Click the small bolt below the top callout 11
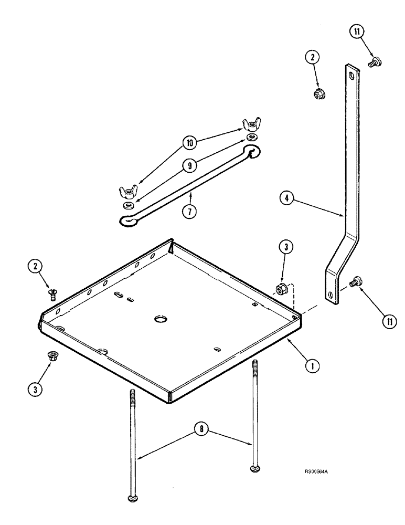pyautogui.click(x=375, y=62)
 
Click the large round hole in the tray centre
pyautogui.click(x=159, y=319)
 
